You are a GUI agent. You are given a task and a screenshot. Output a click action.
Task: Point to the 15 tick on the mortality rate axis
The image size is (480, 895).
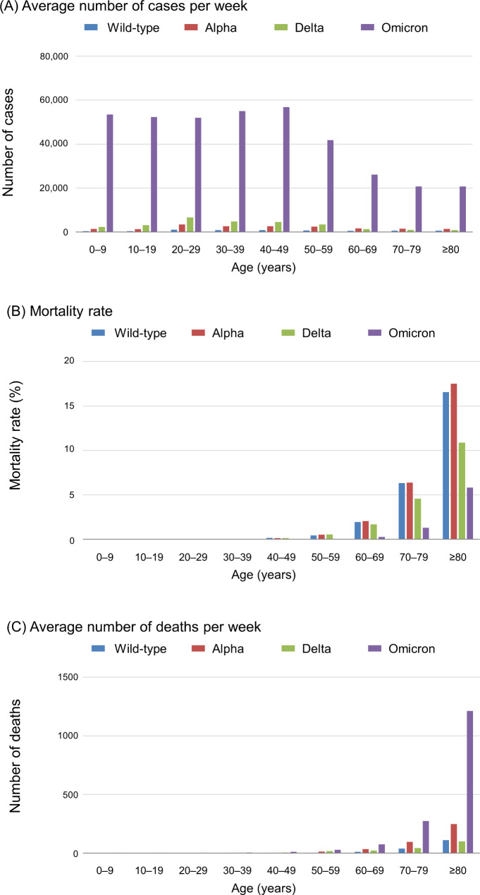(79, 406)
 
